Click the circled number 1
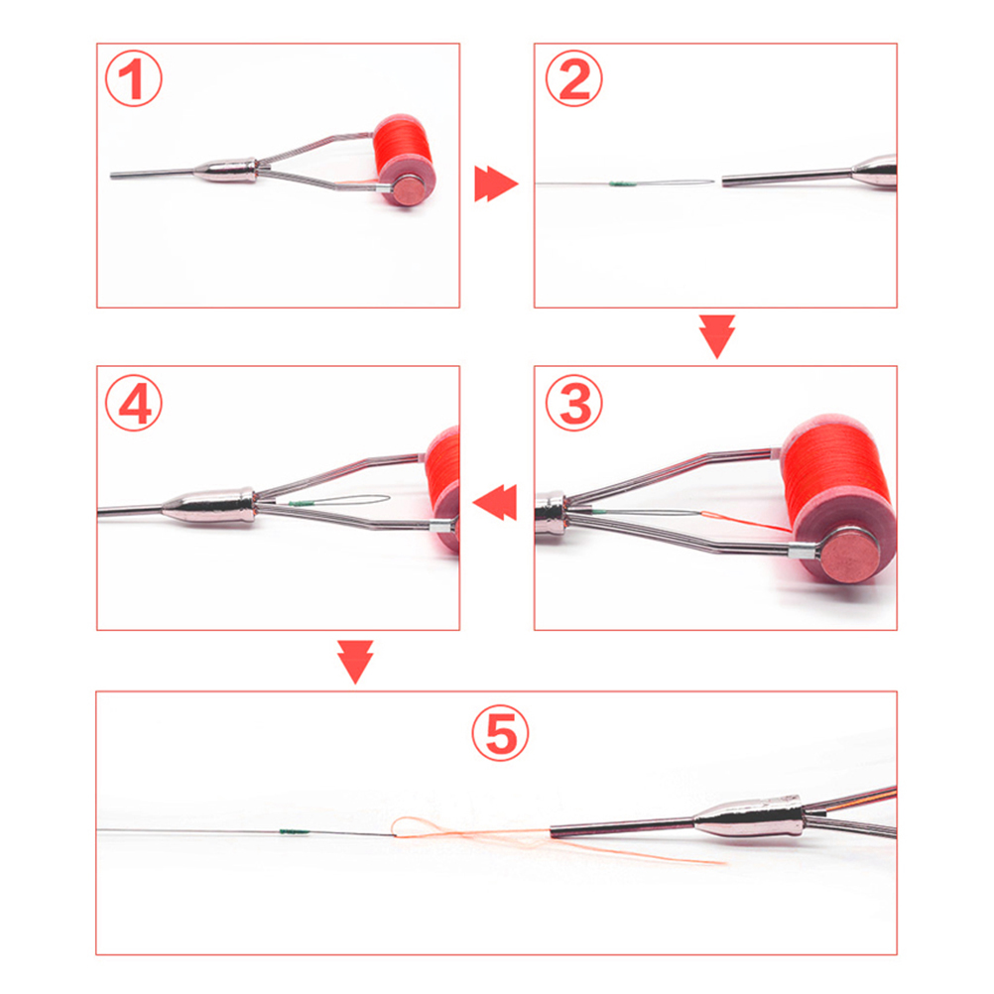point(133,78)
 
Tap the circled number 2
point(573,78)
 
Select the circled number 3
point(574,403)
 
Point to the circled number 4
point(134,403)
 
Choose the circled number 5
point(500,733)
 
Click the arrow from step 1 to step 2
point(496,184)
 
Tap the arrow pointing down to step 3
point(717,336)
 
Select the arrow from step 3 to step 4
point(495,502)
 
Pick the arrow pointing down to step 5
point(355,662)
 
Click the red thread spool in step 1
point(404,160)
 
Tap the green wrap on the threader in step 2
point(622,184)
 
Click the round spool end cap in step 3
point(848,556)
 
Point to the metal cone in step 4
point(209,505)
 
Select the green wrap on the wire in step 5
point(295,831)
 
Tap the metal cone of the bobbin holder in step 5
point(748,818)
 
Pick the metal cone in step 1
point(226,172)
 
